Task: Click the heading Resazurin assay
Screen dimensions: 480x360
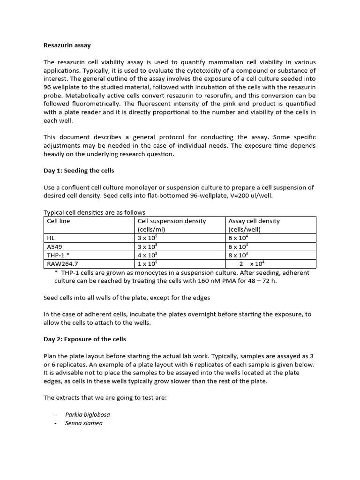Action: (67, 45)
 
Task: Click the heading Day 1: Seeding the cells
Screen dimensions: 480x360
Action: (78, 171)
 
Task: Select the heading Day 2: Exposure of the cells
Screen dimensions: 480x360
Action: (84, 339)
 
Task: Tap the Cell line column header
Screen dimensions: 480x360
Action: (59, 221)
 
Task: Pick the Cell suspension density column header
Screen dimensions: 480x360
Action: (172, 221)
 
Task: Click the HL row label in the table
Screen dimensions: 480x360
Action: (51, 238)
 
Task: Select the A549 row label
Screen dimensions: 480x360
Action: (54, 247)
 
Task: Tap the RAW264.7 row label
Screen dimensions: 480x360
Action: (62, 263)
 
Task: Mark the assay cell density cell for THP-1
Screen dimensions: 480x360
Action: (238, 255)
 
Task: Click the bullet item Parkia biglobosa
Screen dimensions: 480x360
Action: (88, 414)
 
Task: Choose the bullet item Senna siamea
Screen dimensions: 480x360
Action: (84, 423)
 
